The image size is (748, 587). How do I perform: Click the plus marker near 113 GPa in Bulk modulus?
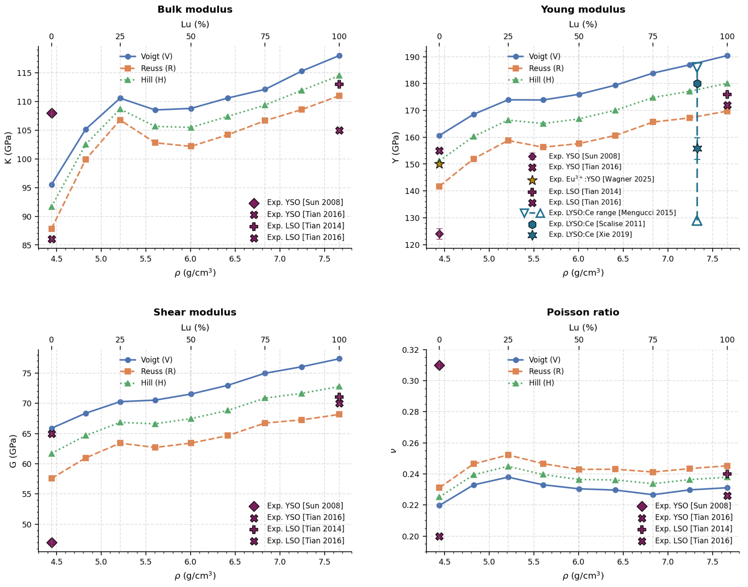coord(339,84)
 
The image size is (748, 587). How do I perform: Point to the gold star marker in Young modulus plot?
coord(439,164)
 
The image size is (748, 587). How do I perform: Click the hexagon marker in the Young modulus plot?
coord(697,84)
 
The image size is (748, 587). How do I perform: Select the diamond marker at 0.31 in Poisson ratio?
coord(439,365)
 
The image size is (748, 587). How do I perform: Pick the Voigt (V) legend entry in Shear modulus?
coord(146,360)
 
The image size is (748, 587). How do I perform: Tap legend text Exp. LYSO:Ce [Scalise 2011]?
coord(597,224)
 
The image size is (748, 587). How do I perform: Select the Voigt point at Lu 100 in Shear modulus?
coord(339,359)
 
